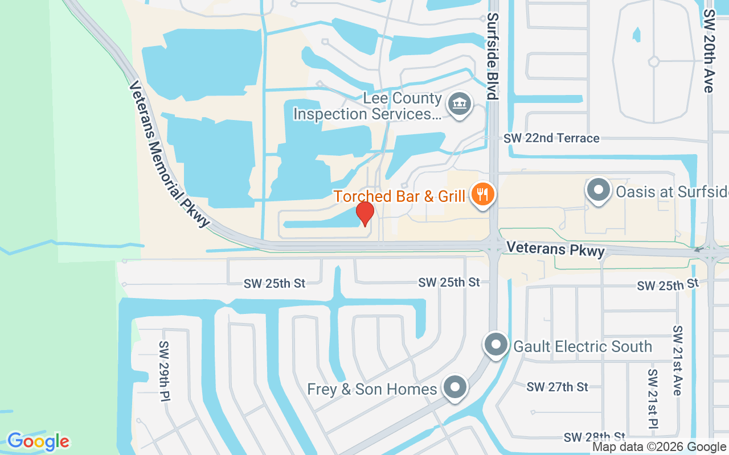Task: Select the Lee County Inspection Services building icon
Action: pyautogui.click(x=459, y=105)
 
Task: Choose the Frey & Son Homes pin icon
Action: pyautogui.click(x=455, y=388)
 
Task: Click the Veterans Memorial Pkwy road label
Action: pyautogui.click(x=169, y=154)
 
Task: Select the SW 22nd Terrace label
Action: pyautogui.click(x=551, y=138)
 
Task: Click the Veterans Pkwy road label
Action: pyautogui.click(x=555, y=249)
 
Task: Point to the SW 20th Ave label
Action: pyautogui.click(x=708, y=51)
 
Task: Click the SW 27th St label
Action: pyautogui.click(x=557, y=387)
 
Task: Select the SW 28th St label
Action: pyautogui.click(x=595, y=437)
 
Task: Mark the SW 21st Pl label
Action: pyautogui.click(x=653, y=398)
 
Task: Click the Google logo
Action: pyautogui.click(x=38, y=441)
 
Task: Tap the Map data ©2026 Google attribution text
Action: pyautogui.click(x=660, y=448)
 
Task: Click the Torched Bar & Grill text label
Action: pyautogui.click(x=399, y=196)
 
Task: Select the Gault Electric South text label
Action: pyautogui.click(x=583, y=346)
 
